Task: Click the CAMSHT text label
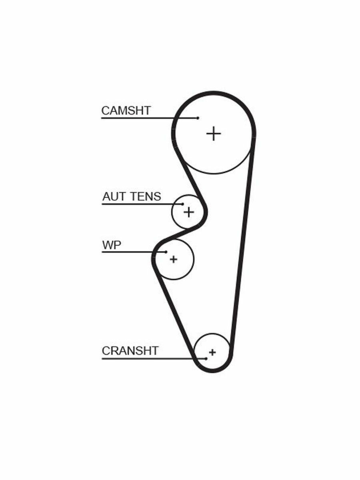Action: point(126,110)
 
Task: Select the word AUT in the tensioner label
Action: point(111,196)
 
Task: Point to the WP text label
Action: point(111,245)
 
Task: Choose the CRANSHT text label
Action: point(130,351)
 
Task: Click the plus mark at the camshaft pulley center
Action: point(214,133)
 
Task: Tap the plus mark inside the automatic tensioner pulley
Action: point(188,212)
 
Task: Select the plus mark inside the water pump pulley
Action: point(173,259)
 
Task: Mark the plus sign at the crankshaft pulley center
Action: point(212,352)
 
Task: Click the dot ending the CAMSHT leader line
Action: point(198,118)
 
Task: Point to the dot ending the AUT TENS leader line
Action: point(183,204)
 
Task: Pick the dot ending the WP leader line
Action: point(166,252)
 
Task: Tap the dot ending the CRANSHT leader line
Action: point(206,358)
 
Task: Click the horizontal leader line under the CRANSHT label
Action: point(152,358)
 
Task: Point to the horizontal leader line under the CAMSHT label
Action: point(148,118)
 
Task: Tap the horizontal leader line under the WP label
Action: point(132,252)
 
